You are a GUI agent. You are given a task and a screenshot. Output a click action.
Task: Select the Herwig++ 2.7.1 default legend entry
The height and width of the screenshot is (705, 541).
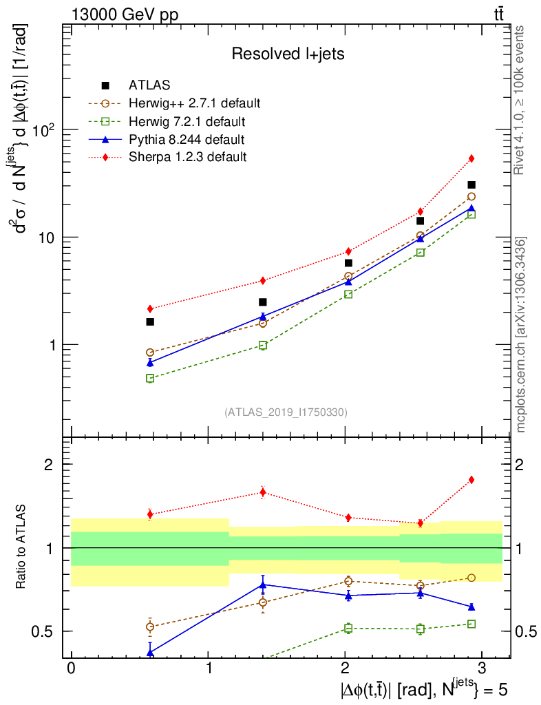tap(194, 104)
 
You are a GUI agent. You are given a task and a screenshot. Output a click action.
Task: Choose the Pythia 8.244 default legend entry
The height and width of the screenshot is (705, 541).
tap(186, 140)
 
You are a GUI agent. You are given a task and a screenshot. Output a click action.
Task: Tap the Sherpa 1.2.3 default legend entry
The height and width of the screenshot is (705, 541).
tap(187, 157)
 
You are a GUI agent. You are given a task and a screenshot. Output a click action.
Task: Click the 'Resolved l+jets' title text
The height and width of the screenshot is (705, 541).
tap(288, 54)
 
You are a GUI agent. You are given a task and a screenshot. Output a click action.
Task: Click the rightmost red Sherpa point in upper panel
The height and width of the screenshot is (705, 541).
tap(471, 158)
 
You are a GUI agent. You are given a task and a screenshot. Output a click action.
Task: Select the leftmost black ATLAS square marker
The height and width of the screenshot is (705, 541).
tap(150, 322)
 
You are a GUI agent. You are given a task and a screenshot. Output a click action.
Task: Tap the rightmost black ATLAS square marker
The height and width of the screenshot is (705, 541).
tap(471, 185)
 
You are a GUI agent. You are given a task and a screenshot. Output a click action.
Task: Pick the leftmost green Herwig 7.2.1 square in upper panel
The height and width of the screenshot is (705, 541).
tap(150, 378)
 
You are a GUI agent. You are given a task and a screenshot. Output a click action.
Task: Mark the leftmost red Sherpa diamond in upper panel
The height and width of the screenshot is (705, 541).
tap(150, 308)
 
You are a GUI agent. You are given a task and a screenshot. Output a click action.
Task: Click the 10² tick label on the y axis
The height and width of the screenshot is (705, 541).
tap(44, 129)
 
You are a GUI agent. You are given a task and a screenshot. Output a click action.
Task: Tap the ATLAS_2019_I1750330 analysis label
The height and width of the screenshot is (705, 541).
tap(286, 412)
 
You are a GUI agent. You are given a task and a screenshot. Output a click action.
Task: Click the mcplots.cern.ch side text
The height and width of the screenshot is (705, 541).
tap(521, 335)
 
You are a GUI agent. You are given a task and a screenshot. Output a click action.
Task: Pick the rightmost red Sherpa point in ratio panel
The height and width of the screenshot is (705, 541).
tap(471, 479)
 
